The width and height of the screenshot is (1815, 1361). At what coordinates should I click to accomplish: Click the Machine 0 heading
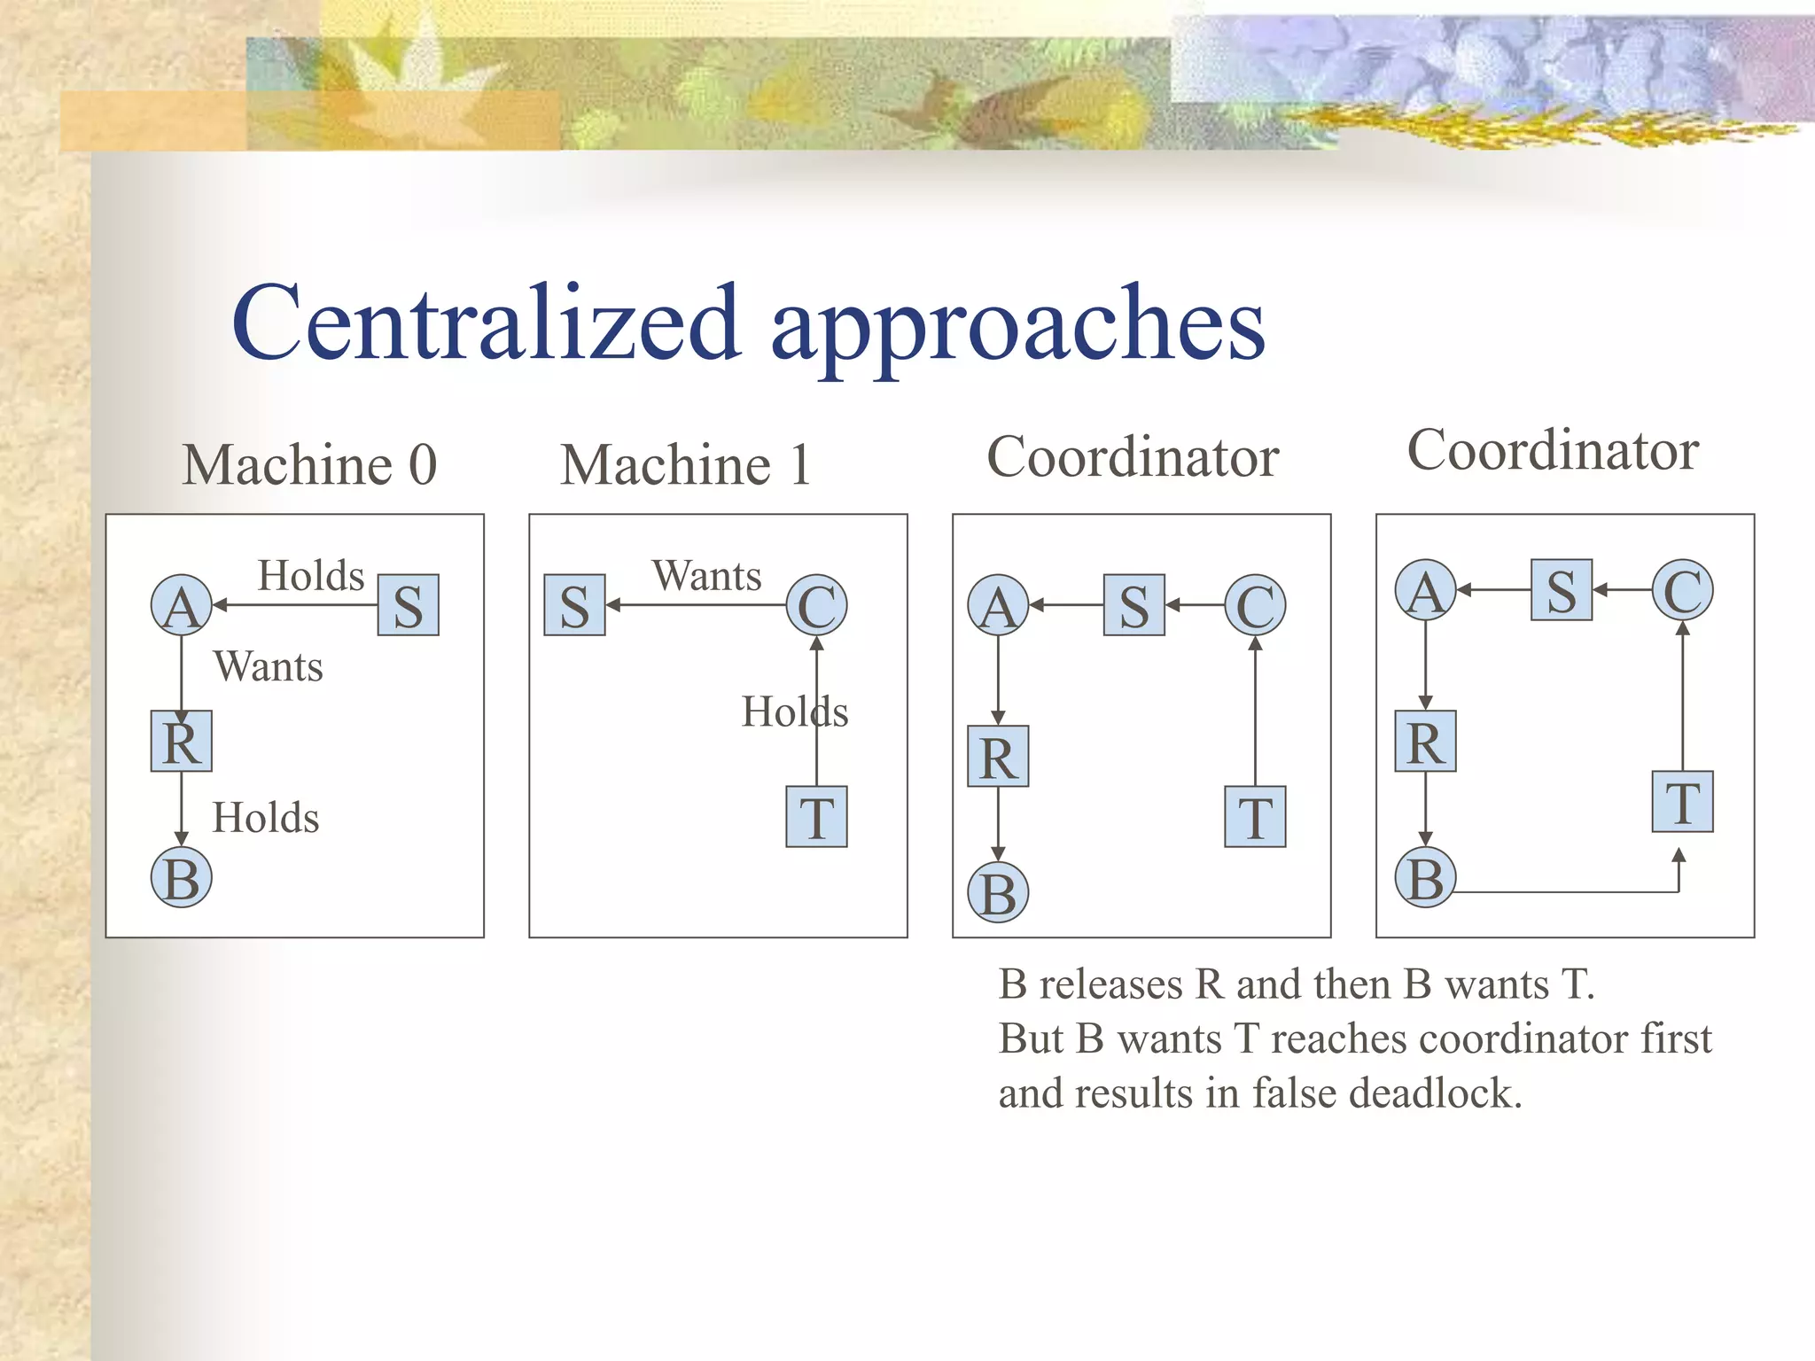point(309,464)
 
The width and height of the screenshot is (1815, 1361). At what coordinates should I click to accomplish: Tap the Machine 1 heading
point(685,464)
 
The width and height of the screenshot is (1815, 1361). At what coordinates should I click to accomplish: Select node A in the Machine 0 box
point(182,606)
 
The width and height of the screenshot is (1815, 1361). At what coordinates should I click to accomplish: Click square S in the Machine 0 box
point(408,606)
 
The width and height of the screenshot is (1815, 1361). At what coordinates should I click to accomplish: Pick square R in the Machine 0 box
point(182,741)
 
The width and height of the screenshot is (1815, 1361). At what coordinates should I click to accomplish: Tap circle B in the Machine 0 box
point(182,877)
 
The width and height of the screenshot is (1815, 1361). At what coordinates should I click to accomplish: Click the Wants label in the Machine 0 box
point(268,666)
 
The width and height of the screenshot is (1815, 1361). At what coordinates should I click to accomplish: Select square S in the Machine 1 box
point(574,606)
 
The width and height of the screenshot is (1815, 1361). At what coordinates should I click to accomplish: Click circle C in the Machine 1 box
point(816,606)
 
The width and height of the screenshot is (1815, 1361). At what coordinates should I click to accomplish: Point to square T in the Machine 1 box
point(816,817)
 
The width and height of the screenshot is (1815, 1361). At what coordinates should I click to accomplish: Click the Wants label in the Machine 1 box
point(706,576)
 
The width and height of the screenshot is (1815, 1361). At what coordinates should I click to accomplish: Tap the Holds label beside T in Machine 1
point(794,712)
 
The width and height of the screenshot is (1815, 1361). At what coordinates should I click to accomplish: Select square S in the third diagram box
point(1133,606)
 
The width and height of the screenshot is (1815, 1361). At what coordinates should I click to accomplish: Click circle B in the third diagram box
point(998,893)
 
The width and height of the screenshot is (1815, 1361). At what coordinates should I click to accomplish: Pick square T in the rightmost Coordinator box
point(1682,802)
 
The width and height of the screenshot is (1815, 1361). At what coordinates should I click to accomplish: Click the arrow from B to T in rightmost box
point(1569,891)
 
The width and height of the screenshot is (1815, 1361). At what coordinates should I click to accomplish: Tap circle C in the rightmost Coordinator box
point(1682,590)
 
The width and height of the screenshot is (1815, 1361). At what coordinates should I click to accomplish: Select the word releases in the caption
point(1111,984)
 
